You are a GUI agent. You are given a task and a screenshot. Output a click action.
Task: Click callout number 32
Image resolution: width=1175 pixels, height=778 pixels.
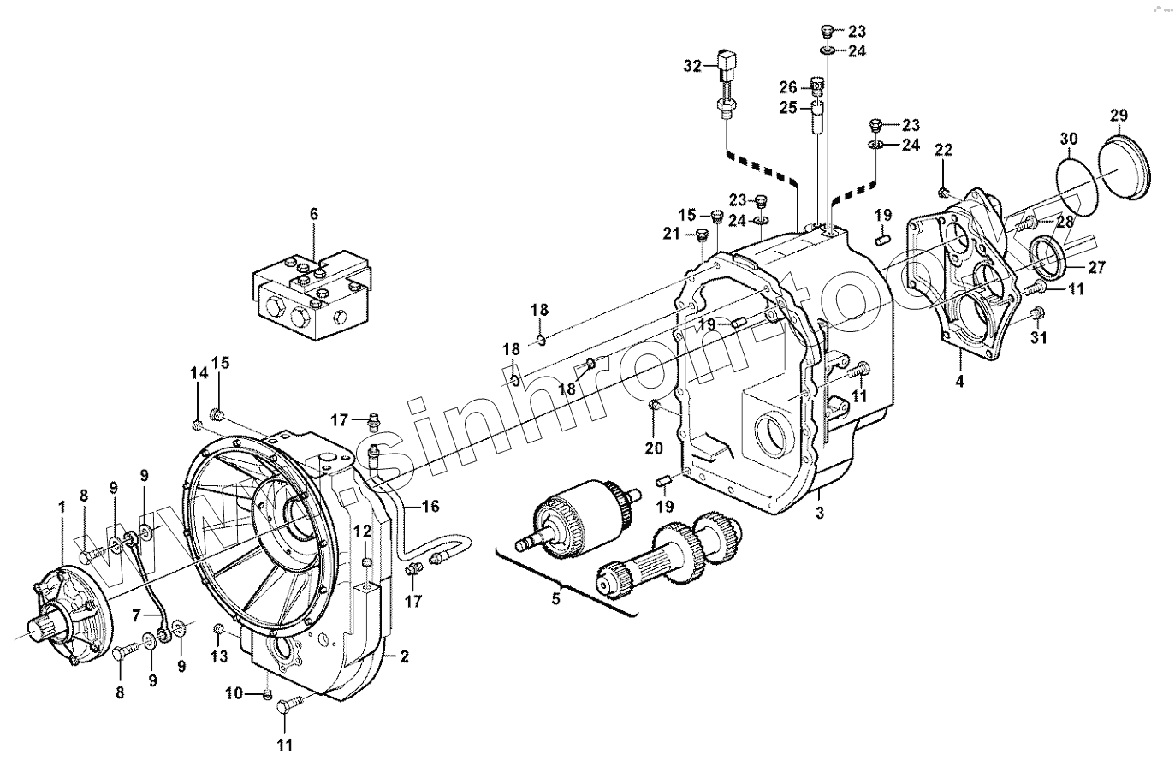[692, 65]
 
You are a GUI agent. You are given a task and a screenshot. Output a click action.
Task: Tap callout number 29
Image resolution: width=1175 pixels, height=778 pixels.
[1119, 115]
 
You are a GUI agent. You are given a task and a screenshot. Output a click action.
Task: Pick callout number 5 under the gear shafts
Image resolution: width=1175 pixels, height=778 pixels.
[555, 598]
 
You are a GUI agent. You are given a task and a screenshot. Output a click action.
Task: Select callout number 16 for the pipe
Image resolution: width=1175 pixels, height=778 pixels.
[430, 506]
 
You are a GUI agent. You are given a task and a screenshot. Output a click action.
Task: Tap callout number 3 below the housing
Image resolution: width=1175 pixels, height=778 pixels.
[819, 513]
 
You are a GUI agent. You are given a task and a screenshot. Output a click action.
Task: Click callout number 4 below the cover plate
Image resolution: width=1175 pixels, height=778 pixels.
[959, 381]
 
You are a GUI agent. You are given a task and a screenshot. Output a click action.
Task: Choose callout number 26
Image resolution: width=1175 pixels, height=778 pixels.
[788, 87]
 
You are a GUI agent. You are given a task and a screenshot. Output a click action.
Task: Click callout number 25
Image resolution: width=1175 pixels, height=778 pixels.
[788, 108]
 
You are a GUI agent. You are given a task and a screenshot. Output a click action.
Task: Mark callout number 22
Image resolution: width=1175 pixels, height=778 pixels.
[943, 151]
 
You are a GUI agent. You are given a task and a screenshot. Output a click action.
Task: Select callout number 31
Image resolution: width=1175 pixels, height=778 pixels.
[1038, 338]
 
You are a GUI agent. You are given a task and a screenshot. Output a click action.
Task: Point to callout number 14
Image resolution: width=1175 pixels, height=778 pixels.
[199, 373]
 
